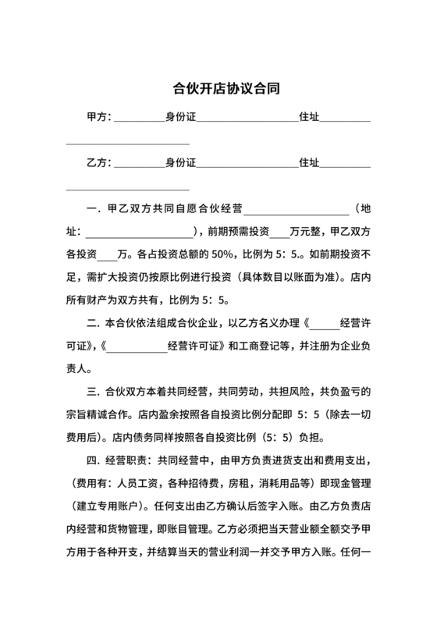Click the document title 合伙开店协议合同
tap(218, 89)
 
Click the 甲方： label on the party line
tap(100, 119)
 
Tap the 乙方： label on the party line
tap(100, 163)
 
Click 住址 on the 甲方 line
tap(309, 119)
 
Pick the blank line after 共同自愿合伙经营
tap(297, 210)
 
